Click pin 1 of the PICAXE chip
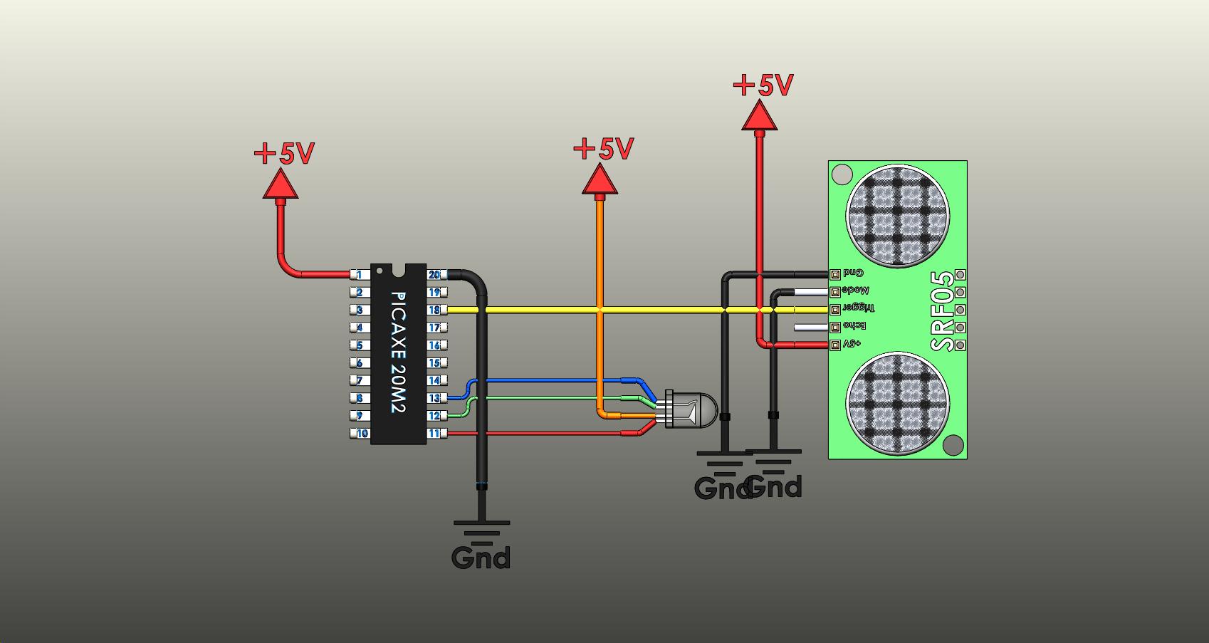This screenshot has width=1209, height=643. click(x=360, y=275)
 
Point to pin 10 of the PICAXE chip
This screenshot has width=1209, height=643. click(x=362, y=433)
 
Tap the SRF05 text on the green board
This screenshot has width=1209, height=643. click(x=943, y=311)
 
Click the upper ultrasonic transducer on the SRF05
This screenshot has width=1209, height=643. click(x=897, y=216)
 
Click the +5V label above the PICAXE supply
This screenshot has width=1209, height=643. click(x=284, y=153)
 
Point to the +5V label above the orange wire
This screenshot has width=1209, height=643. click(x=603, y=149)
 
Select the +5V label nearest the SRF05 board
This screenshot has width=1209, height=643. click(x=763, y=85)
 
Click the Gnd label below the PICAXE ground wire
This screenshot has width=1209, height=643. click(x=481, y=557)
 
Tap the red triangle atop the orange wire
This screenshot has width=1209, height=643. click(x=600, y=180)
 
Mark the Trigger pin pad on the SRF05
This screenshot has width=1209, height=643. click(x=834, y=310)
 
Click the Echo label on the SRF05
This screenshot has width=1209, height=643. click(x=854, y=326)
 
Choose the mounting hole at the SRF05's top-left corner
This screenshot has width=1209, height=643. click(x=842, y=174)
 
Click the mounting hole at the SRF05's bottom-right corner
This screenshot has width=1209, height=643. click(x=953, y=446)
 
